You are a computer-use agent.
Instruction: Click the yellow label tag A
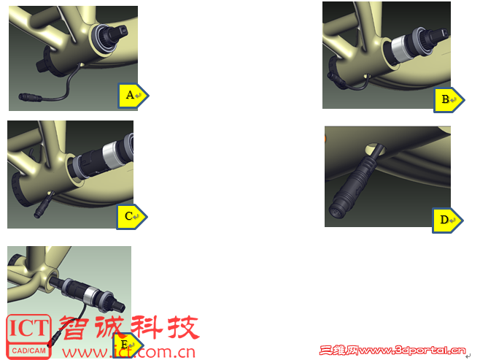[x=133, y=95]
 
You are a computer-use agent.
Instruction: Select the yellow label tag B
[x=449, y=99]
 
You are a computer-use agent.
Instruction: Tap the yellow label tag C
[x=131, y=217]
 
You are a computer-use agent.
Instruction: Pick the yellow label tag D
[x=447, y=221]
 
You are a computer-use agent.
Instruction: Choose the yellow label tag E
[x=128, y=345]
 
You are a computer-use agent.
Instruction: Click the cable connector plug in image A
[x=30, y=97]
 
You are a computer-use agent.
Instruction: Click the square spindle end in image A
[x=120, y=32]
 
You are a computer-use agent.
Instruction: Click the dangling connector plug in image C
[x=42, y=207]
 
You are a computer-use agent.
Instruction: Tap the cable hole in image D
[x=375, y=149]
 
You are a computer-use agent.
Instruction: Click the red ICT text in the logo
[x=28, y=328]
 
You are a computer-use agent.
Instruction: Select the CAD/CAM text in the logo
[x=28, y=351]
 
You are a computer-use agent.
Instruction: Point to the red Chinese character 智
[x=74, y=327]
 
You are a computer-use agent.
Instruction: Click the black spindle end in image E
[x=117, y=303]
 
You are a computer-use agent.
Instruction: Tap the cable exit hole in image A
[x=81, y=65]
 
